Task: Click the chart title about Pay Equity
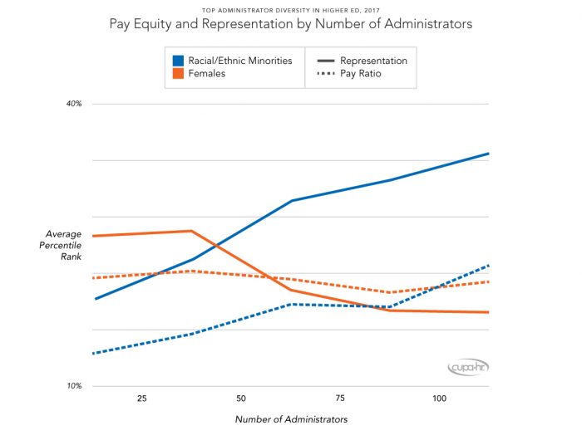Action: [x=291, y=24]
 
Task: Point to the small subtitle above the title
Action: [x=291, y=10]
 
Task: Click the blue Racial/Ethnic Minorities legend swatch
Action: [x=178, y=61]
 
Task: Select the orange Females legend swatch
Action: [x=178, y=74]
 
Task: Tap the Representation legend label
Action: [x=373, y=61]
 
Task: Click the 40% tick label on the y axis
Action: [x=74, y=104]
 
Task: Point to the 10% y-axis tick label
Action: [x=74, y=386]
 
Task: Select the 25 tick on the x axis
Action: [x=141, y=399]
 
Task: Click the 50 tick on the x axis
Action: [x=241, y=399]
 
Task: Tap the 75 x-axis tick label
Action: [x=340, y=399]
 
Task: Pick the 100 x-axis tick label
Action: [x=439, y=399]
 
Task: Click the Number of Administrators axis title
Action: [x=291, y=419]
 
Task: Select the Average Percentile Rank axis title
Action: [x=63, y=246]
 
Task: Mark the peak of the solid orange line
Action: [x=191, y=231]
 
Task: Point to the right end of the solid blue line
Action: [x=488, y=154]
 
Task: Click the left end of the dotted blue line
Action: [x=94, y=354]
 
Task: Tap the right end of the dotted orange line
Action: [x=488, y=282]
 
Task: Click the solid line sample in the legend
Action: [x=324, y=61]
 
